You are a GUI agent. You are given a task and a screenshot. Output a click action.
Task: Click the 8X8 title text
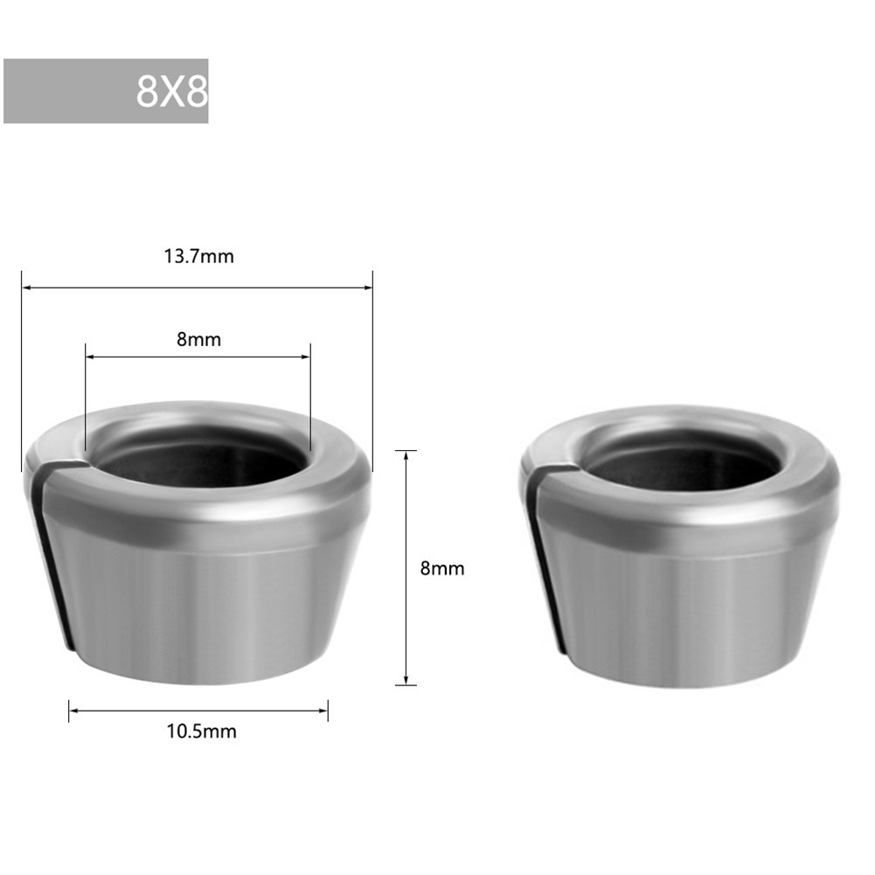click(x=171, y=92)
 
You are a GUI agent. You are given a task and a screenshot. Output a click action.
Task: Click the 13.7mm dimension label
click(x=199, y=257)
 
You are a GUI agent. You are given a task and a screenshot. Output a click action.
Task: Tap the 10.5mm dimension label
click(x=201, y=732)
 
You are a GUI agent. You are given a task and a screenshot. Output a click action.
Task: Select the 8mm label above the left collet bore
click(x=199, y=340)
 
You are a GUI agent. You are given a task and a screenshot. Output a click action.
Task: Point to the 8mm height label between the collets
click(x=442, y=568)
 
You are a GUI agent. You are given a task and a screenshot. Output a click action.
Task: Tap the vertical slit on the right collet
click(x=545, y=559)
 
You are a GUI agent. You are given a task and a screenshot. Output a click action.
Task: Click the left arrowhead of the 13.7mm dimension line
click(x=26, y=287)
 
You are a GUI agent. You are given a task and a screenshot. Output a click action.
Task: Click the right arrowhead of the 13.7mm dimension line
click(x=368, y=287)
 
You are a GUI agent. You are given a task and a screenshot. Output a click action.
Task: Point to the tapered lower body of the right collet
click(x=691, y=612)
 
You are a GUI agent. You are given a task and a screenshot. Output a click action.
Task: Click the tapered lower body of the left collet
click(x=201, y=612)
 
